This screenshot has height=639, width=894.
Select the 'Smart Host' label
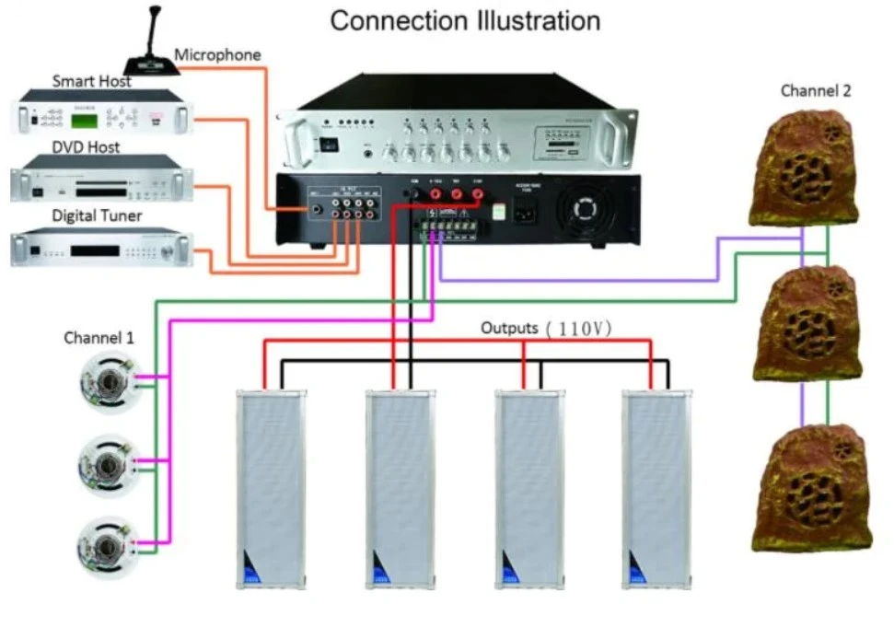pyautogui.click(x=91, y=81)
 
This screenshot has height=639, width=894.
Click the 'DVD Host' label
pyautogui.click(x=85, y=146)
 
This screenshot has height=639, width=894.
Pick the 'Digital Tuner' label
pyautogui.click(x=95, y=216)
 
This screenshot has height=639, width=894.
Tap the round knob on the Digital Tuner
pyautogui.click(x=168, y=251)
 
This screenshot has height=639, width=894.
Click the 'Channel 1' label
pyautogui.click(x=99, y=338)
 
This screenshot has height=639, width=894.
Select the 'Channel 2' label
pyautogui.click(x=816, y=90)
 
